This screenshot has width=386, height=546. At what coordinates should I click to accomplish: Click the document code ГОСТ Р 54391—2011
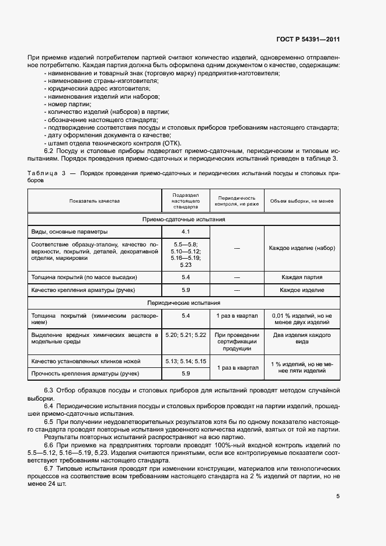pyautogui.click(x=307, y=40)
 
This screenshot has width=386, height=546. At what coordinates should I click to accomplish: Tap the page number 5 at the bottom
pyautogui.click(x=338, y=496)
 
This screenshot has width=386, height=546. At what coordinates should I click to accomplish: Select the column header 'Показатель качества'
pyautogui.click(x=94, y=200)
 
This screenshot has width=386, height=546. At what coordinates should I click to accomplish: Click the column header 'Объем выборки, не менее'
pyautogui.click(x=301, y=200)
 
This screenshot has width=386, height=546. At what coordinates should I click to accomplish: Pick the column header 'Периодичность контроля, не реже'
pyautogui.click(x=237, y=200)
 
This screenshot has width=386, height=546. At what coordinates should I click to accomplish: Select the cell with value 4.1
pyautogui.click(x=186, y=232)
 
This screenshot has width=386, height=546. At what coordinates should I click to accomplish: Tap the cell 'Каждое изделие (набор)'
pyautogui.click(x=301, y=248)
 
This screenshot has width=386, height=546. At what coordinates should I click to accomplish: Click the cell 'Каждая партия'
pyautogui.click(x=301, y=277)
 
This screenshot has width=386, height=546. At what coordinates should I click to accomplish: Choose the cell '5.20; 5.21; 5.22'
pyautogui.click(x=186, y=335)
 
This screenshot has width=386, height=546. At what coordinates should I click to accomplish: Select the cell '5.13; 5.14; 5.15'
pyautogui.click(x=186, y=361)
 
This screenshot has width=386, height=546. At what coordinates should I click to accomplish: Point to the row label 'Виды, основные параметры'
pyautogui.click(x=69, y=232)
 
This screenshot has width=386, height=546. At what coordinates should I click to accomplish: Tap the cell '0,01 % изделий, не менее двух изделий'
pyautogui.click(x=301, y=319)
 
